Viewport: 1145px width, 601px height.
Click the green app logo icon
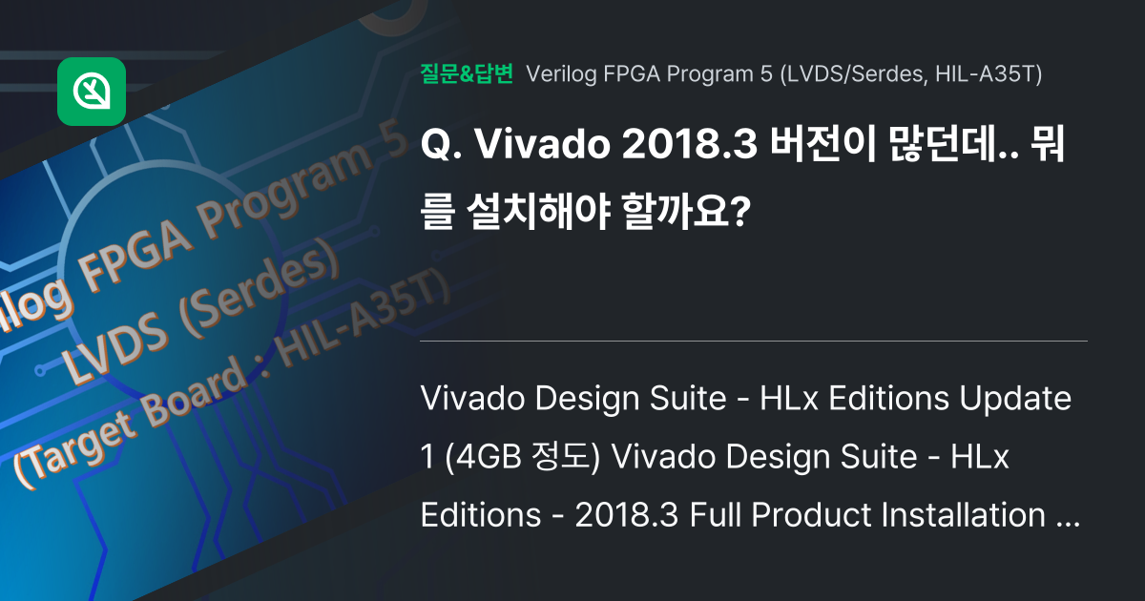pos(92,92)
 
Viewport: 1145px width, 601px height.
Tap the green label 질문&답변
pos(467,73)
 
